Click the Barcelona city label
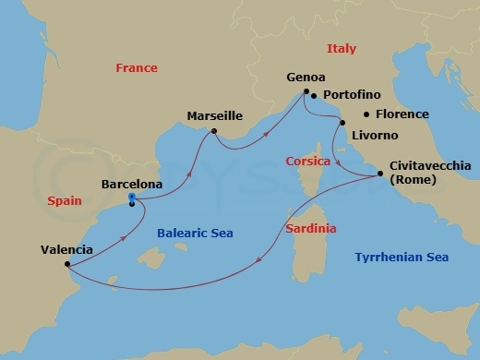click(132, 185)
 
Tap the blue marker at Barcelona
click(132, 197)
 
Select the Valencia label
click(66, 249)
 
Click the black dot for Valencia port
click(67, 263)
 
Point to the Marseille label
click(214, 116)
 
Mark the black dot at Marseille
click(214, 131)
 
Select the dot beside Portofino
click(314, 95)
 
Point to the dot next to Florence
click(367, 114)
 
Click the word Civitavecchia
click(430, 166)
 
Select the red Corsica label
click(307, 161)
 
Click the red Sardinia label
click(310, 228)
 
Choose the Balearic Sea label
click(195, 234)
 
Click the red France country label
click(137, 68)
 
